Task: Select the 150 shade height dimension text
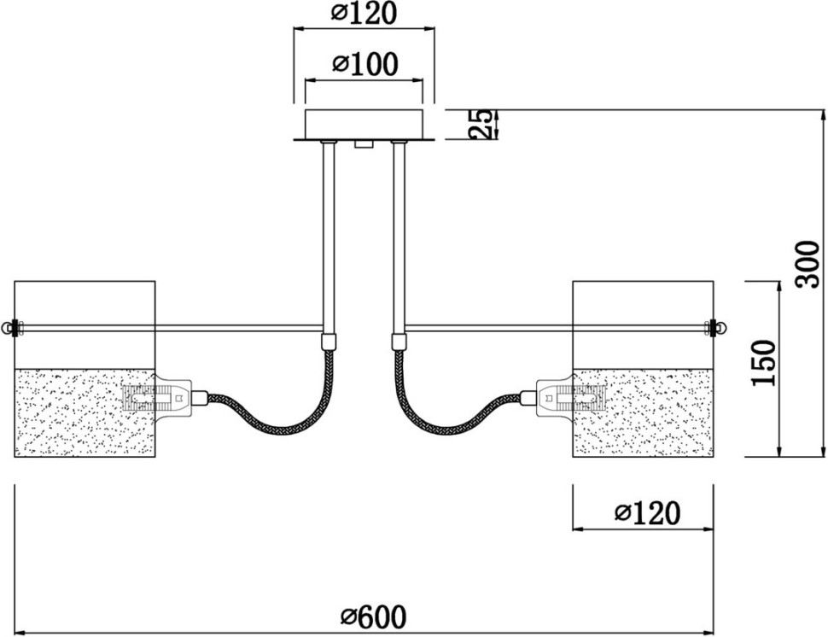coord(766,363)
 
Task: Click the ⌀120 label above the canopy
coord(364,13)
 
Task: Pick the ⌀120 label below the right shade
coord(647,513)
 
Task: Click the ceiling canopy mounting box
coord(364,123)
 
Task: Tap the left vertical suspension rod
coord(328,239)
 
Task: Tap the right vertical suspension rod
coord(398,239)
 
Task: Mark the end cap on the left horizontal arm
coord(9,328)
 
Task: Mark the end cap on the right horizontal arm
coord(718,327)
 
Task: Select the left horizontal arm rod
coord(171,328)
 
